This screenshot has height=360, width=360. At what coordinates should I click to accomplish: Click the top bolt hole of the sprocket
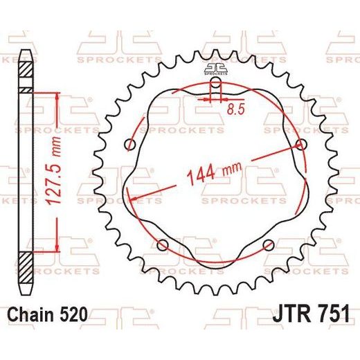click(216, 82)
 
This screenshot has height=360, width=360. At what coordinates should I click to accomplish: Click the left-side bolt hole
click(130, 145)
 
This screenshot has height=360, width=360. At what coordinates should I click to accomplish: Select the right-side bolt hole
click(301, 145)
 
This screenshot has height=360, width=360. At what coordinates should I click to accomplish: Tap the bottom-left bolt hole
click(162, 245)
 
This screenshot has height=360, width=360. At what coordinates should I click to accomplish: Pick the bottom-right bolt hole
click(269, 245)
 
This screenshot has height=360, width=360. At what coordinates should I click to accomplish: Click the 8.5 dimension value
click(235, 109)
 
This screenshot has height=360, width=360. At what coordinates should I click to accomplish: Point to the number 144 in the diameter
click(201, 176)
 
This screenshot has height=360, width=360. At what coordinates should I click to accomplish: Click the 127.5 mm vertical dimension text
click(54, 171)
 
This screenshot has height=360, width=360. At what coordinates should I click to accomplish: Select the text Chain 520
click(48, 314)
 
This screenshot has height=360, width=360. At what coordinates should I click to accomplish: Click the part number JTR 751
click(311, 314)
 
